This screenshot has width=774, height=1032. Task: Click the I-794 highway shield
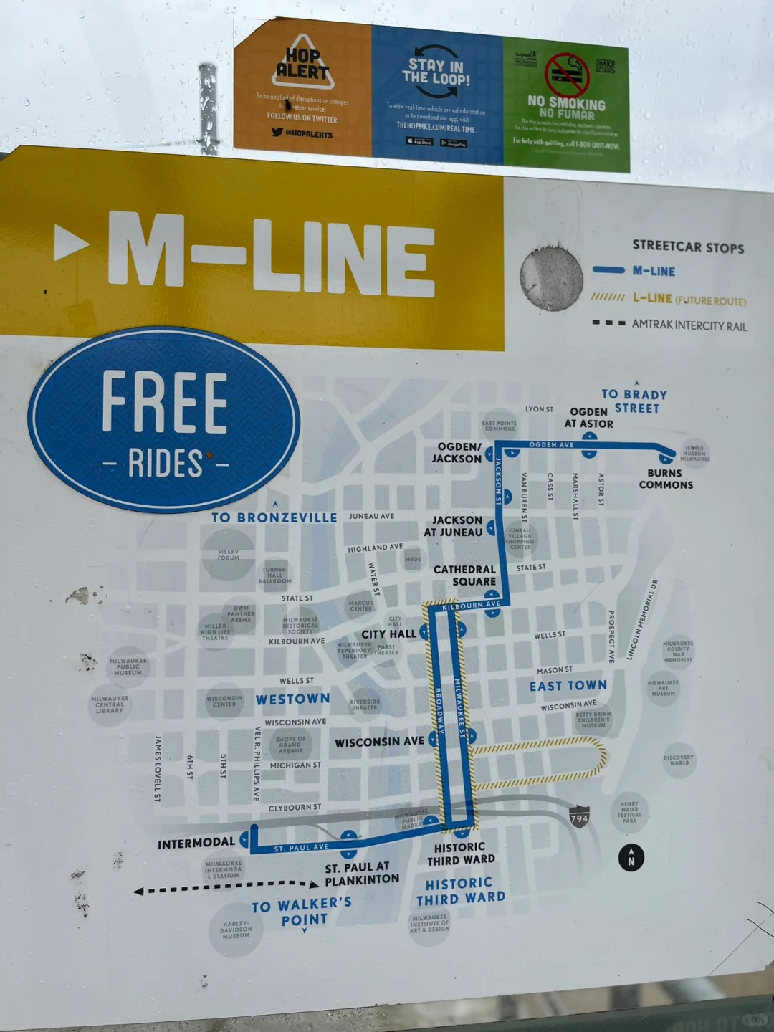(579, 818)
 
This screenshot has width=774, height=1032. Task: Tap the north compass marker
(631, 857)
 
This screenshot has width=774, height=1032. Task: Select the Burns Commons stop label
(666, 479)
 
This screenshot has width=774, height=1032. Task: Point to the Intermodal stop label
(196, 844)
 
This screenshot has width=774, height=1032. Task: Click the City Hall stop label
(388, 634)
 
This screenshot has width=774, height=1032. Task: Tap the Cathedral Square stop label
(464, 575)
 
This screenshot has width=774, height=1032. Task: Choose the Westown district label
(293, 699)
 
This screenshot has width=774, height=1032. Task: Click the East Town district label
(568, 686)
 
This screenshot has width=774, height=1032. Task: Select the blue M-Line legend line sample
(608, 270)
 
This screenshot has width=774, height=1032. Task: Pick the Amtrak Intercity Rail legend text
(689, 325)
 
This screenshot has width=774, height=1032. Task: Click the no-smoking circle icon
(566, 74)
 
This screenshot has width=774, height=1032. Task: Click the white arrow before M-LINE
(71, 243)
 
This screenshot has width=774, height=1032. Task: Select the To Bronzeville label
(274, 517)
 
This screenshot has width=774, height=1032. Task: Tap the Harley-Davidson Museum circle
(236, 930)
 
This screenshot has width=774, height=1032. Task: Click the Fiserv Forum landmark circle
(229, 554)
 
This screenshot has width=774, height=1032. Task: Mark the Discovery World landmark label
(679, 760)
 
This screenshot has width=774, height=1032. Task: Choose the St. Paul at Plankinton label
(362, 873)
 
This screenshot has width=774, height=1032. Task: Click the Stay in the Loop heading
(436, 72)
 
